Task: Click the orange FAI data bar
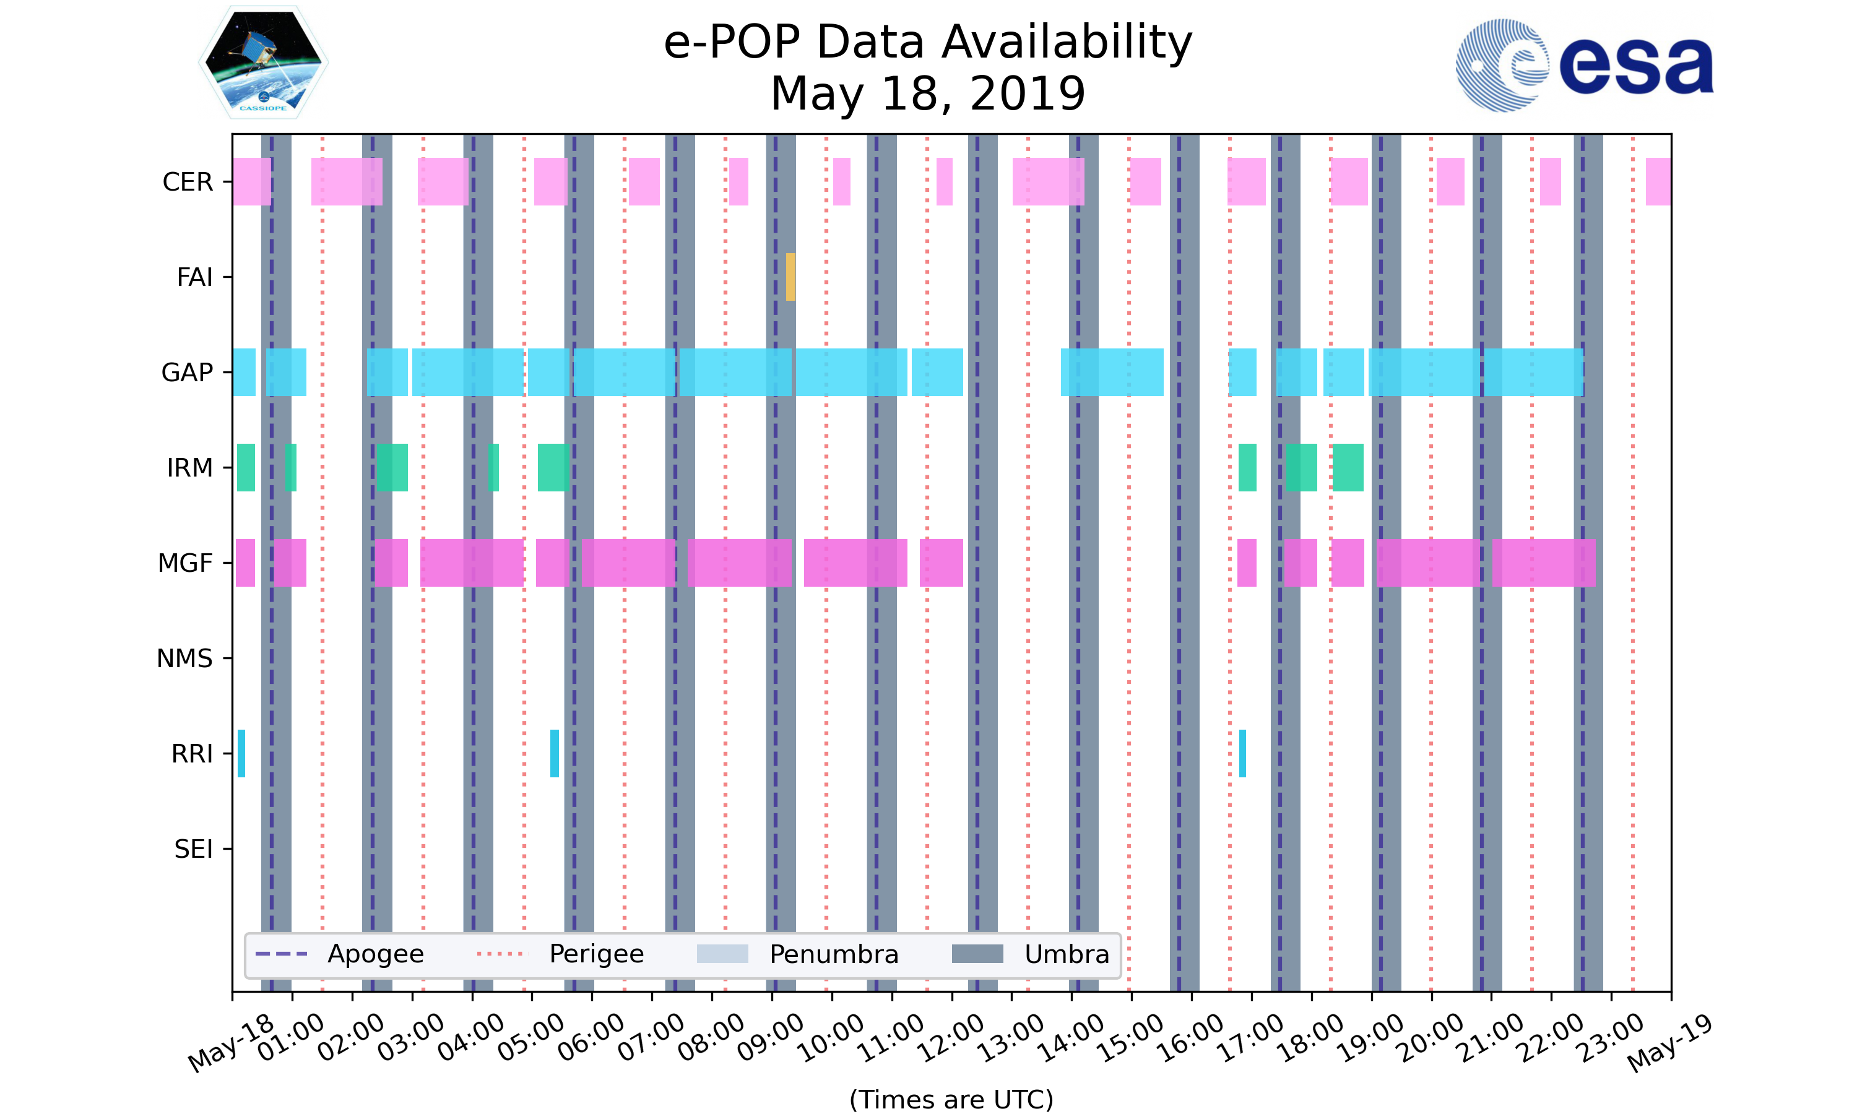tap(790, 277)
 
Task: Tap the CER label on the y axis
tap(188, 182)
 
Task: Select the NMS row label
tap(184, 658)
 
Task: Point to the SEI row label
tap(193, 849)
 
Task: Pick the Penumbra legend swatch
tap(722, 954)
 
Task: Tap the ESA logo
tap(1584, 66)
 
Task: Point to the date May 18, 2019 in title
tap(928, 94)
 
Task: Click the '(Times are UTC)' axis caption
tap(951, 1099)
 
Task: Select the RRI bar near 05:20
tap(554, 754)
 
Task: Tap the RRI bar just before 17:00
tap(1242, 754)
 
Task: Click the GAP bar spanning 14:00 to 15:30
tap(1112, 373)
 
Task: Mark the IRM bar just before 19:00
tap(1348, 468)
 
